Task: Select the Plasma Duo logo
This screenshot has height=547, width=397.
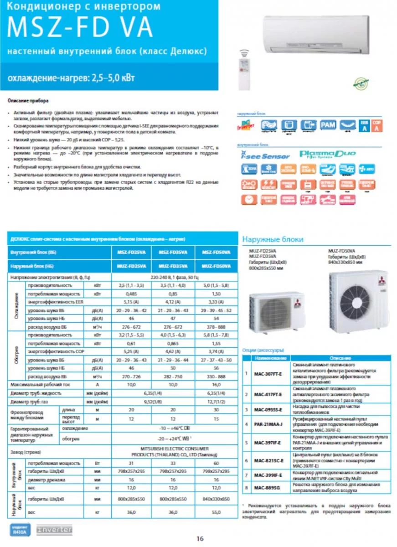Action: (321, 155)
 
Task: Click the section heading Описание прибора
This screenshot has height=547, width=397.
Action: (29, 100)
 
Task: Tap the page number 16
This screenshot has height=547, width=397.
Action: (200, 538)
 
